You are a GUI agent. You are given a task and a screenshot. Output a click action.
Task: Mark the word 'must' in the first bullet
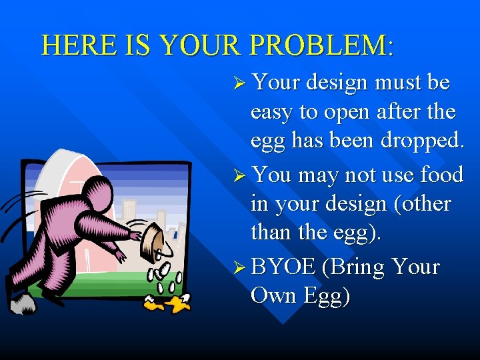pos(397,83)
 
